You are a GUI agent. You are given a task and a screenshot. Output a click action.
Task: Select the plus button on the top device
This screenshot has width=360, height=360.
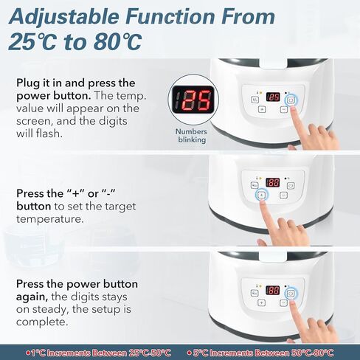pyautogui.click(x=262, y=109)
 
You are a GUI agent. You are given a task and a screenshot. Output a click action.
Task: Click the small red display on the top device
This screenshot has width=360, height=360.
pyautogui.click(x=273, y=97)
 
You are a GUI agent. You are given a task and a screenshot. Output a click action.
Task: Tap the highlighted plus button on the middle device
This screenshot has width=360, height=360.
pyautogui.click(x=261, y=195)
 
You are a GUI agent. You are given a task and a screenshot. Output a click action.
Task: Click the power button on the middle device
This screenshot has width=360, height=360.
pyautogui.click(x=291, y=184)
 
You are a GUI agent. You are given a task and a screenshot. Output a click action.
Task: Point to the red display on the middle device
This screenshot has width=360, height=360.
pyautogui.click(x=272, y=183)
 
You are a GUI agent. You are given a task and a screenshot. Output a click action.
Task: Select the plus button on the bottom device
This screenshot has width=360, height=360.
pyautogui.click(x=261, y=302)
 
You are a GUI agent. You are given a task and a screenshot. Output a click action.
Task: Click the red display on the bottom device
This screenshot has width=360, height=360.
pyautogui.click(x=272, y=291)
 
